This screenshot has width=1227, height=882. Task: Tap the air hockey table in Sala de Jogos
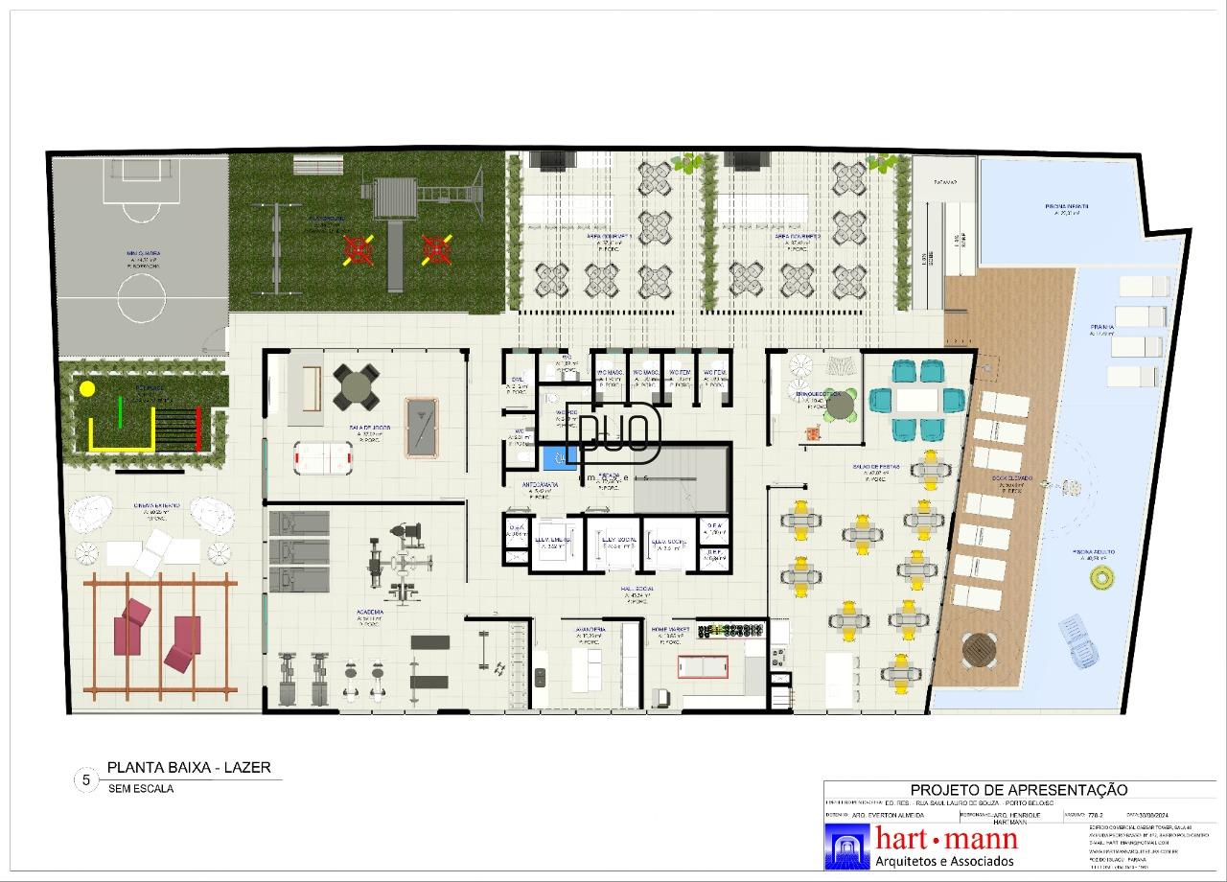tap(315, 455)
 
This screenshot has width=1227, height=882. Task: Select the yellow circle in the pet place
tap(87, 389)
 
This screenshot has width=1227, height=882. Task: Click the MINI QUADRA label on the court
tap(136, 254)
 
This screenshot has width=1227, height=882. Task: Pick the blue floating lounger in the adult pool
tap(1078, 639)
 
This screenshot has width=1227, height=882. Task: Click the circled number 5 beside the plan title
tap(86, 780)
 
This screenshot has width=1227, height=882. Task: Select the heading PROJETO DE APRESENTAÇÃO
tap(1018, 790)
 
